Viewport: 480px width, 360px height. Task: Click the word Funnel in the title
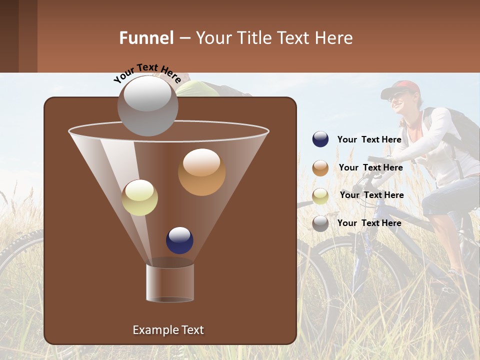pos(146,38)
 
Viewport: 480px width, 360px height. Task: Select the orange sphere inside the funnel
pos(201,172)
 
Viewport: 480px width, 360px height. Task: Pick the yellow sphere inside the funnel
pos(139,197)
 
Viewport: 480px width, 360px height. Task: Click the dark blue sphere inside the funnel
pos(179,240)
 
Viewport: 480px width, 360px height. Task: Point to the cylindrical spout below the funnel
pos(170,282)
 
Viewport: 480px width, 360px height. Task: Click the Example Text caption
pos(168,330)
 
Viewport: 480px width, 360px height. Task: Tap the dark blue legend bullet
pos(320,139)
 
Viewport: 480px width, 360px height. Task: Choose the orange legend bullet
pos(320,168)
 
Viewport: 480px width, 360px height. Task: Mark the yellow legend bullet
pos(320,196)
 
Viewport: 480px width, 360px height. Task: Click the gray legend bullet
pos(320,223)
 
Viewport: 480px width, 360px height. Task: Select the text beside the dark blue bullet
pos(369,139)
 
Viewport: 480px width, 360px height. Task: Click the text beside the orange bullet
pos(370,167)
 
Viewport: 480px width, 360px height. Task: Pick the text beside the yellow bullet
pos(371,195)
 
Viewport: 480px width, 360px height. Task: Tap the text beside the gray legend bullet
pos(369,223)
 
